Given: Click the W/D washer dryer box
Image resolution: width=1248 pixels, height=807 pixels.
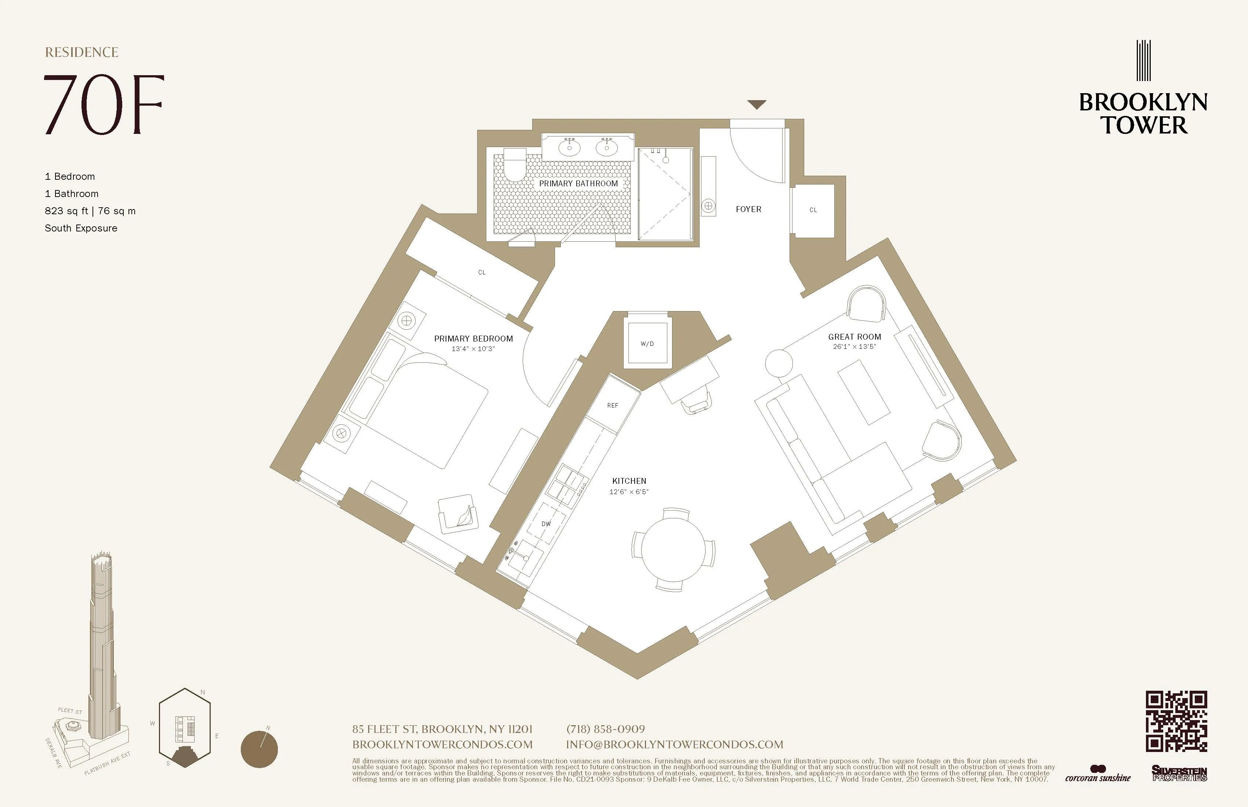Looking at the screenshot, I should [647, 344].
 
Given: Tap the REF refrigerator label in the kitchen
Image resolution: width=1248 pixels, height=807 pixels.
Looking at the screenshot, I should [613, 405].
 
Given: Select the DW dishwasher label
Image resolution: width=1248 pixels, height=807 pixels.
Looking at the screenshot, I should [546, 523].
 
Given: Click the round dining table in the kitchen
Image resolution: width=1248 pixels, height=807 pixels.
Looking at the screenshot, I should [673, 549].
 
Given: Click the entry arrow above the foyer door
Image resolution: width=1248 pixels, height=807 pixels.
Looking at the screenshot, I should [756, 104].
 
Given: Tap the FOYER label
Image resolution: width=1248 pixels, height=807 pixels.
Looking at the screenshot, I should [748, 209].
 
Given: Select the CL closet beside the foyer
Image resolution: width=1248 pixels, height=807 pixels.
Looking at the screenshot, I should [813, 210].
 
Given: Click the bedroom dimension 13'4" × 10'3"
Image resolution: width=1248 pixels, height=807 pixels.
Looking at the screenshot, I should [473, 348].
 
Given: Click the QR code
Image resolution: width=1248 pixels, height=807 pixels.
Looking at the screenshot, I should [1176, 721].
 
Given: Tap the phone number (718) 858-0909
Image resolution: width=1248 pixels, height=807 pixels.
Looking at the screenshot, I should [606, 729].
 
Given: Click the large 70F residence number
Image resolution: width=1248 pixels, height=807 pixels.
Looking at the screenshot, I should [104, 105].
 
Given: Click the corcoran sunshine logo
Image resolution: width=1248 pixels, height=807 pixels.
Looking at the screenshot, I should [1098, 775].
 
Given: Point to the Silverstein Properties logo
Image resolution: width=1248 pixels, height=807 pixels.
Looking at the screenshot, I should [1179, 774].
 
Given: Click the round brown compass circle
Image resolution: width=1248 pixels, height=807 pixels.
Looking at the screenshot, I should [259, 749].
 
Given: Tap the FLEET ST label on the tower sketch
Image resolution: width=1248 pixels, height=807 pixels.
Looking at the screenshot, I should [70, 711].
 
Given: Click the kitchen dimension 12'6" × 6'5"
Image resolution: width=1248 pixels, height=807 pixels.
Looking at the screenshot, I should [629, 492].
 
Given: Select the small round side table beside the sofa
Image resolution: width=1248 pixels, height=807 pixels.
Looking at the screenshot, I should [779, 363].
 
